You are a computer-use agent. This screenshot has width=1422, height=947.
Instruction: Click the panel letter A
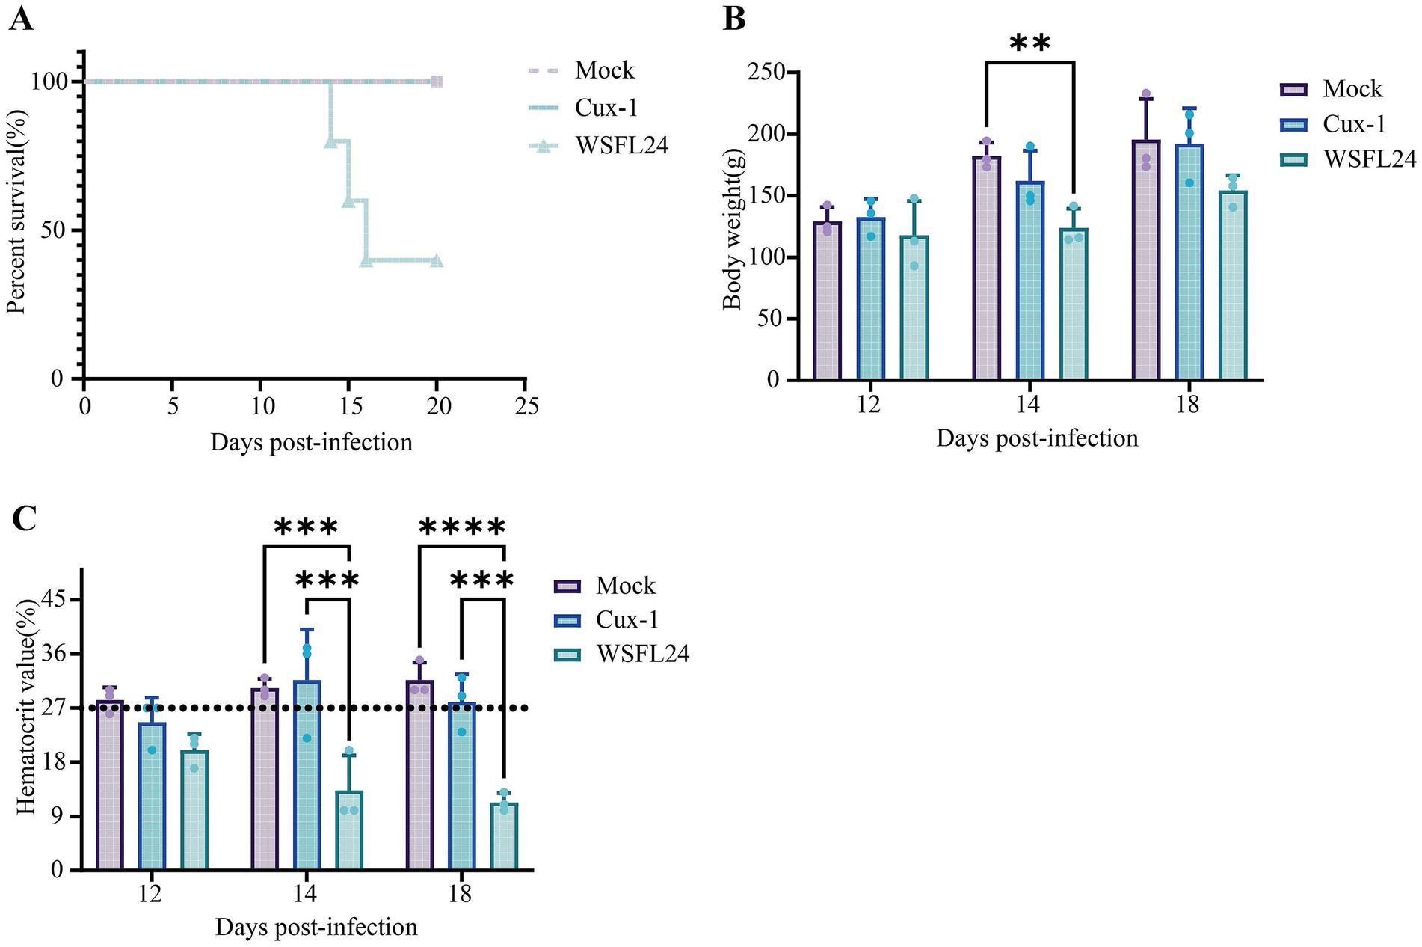pyautogui.click(x=21, y=18)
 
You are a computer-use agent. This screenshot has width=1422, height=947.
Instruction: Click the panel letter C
pyautogui.click(x=24, y=518)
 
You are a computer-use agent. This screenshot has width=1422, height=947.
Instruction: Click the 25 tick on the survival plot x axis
pyautogui.click(x=526, y=405)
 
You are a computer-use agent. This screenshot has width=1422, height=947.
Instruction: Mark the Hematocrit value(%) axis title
pyautogui.click(x=25, y=707)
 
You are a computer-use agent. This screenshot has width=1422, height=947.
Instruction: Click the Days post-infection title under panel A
pyautogui.click(x=311, y=442)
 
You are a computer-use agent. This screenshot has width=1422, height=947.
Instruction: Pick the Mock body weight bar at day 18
pyautogui.click(x=1146, y=260)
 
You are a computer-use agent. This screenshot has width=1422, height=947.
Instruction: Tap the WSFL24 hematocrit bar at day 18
pyautogui.click(x=504, y=836)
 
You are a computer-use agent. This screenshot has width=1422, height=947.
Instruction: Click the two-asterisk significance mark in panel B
pyautogui.click(x=1029, y=44)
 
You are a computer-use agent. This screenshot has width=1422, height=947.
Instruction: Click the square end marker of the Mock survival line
pyautogui.click(x=437, y=82)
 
